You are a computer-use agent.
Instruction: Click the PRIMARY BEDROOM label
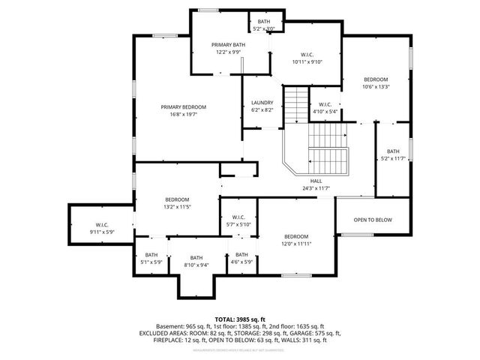[183, 107]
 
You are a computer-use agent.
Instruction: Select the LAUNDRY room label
[262, 103]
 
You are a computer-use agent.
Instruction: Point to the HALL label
[316, 181]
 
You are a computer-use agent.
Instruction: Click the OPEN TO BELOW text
[373, 220]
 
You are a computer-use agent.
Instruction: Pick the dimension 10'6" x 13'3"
[376, 86]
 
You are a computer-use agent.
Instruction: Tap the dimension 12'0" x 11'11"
[296, 244]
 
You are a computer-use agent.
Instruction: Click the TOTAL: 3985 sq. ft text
[239, 319]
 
